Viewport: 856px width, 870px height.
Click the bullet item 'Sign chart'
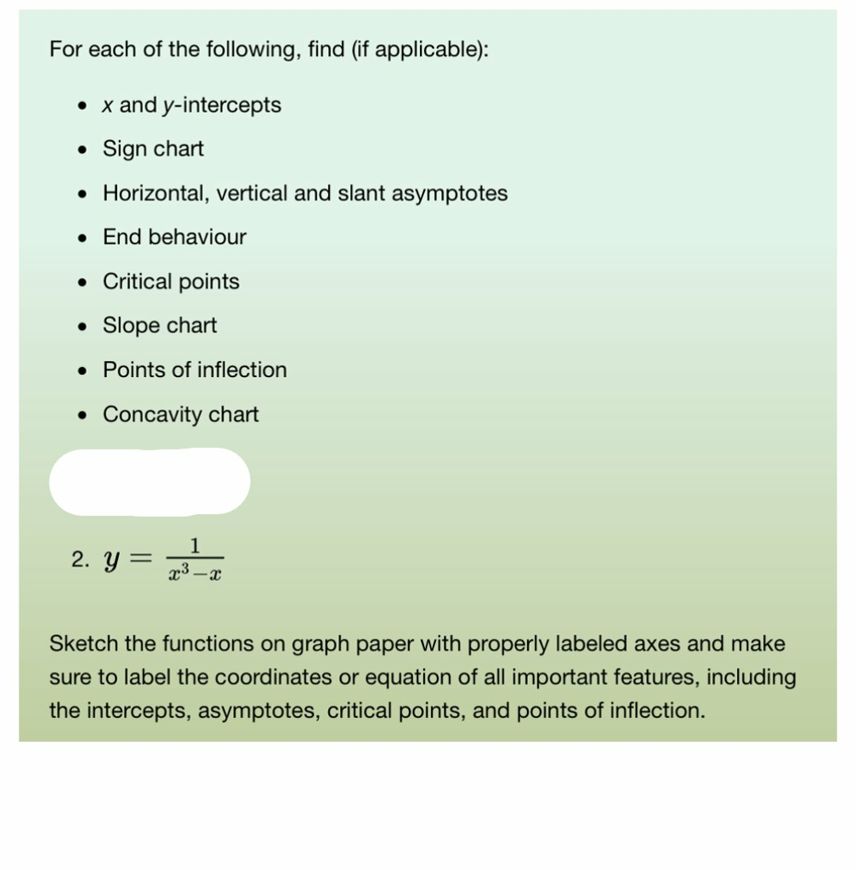pyautogui.click(x=153, y=149)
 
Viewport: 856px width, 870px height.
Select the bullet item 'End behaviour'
pyautogui.click(x=174, y=237)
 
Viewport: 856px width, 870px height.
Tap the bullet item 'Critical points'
pyautogui.click(x=171, y=281)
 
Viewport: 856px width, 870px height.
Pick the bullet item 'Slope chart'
pyautogui.click(x=160, y=325)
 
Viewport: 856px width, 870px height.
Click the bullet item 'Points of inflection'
pyautogui.click(x=195, y=370)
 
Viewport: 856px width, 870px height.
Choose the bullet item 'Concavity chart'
pyautogui.click(x=180, y=415)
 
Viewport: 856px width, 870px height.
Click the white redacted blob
pyautogui.click(x=150, y=481)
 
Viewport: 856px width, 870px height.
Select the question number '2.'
pyautogui.click(x=81, y=559)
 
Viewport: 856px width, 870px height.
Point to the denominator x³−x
pyautogui.click(x=195, y=574)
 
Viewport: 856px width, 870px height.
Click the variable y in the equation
pyautogui.click(x=110, y=561)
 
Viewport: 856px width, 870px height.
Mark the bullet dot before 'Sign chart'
pyautogui.click(x=82, y=150)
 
